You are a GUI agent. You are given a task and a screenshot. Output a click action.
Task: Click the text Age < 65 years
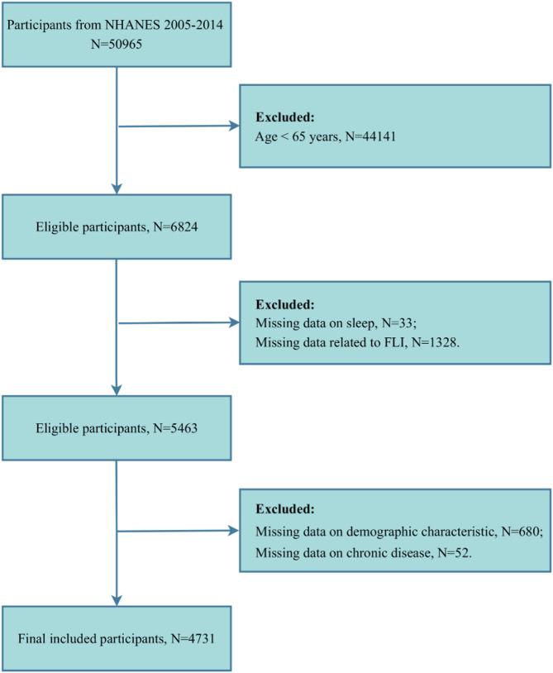291,137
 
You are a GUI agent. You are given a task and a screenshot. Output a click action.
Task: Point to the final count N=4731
203,638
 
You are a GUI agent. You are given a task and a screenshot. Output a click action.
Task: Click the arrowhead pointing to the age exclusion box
232,127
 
